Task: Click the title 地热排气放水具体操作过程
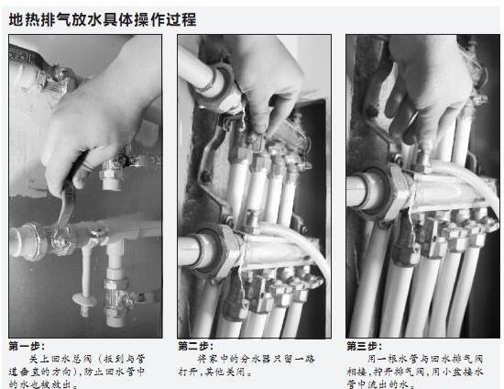pos(102,18)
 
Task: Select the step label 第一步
pos(26,346)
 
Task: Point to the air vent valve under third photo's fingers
pos(424,161)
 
